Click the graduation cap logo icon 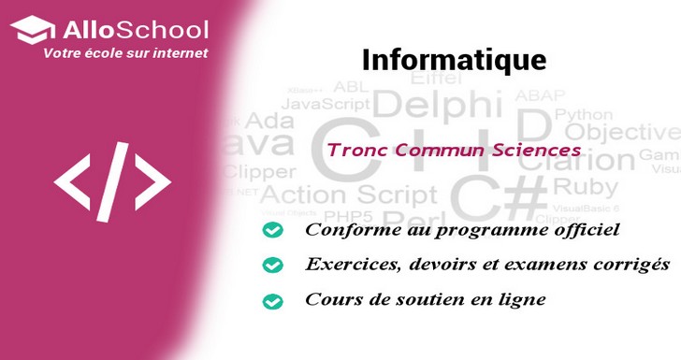tap(31, 30)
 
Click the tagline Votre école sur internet tap(125, 53)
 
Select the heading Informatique tap(454, 59)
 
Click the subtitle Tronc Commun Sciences tap(454, 149)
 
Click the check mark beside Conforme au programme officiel tap(272, 230)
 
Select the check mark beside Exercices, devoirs tap(272, 266)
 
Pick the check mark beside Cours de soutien tap(272, 301)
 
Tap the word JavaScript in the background tap(327, 103)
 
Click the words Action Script tap(348, 194)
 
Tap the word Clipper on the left tap(258, 172)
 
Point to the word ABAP tap(542, 95)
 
